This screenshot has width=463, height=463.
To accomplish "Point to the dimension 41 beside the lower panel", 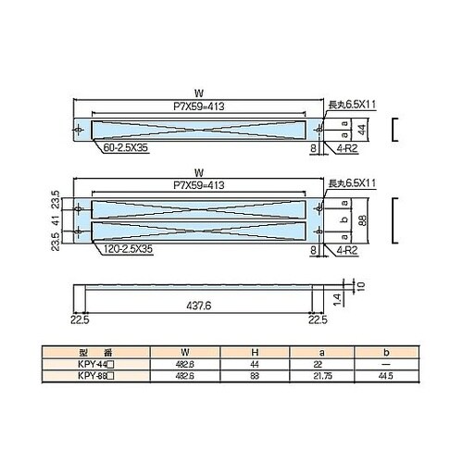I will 57,219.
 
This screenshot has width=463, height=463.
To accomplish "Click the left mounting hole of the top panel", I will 82,128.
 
